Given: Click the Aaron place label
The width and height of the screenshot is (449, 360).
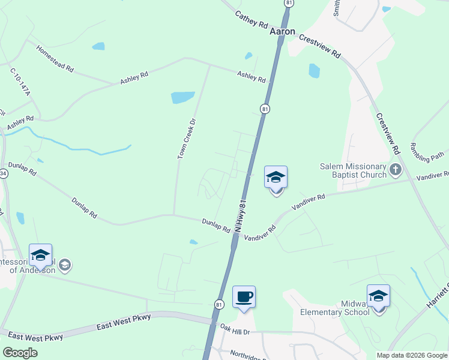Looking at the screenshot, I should [282, 31].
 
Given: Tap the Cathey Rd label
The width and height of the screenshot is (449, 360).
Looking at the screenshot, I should [251, 19].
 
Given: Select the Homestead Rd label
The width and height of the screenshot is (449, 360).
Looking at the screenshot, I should [54, 59].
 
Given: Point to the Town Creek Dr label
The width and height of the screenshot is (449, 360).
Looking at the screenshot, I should [187, 139].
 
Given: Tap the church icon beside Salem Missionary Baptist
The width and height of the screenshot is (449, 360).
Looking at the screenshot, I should [395, 170].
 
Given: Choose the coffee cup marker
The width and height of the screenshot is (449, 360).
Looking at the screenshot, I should [244, 298].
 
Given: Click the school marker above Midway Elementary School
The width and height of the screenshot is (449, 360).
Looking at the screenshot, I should [378, 296].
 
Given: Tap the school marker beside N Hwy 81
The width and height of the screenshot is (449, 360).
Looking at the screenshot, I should [276, 178].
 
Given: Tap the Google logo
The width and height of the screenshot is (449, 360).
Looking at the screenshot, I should [20, 353].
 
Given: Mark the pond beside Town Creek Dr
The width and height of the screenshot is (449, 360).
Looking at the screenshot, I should [182, 97].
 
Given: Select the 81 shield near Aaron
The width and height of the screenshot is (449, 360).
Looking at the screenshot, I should [289, 3].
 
